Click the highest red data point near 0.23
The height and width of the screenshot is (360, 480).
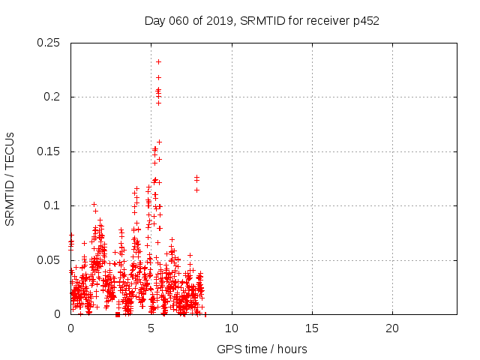[158, 61]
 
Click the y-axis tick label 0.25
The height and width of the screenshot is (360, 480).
[49, 43]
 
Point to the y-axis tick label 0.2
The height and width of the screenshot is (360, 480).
[52, 97]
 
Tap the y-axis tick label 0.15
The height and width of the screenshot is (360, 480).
[49, 151]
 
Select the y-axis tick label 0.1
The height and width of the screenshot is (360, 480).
[52, 205]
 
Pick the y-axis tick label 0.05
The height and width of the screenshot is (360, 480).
[49, 260]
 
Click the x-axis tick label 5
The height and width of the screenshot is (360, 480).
[151, 328]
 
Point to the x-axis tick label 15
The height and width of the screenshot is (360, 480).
[311, 328]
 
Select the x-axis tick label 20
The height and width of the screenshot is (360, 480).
[391, 328]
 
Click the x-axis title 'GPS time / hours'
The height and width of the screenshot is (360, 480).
[262, 349]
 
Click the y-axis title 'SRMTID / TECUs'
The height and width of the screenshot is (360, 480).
[10, 178]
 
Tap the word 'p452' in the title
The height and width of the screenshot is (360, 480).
[365, 20]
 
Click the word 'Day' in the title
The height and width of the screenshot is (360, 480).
[154, 20]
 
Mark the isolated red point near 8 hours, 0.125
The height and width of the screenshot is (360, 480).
[196, 178]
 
